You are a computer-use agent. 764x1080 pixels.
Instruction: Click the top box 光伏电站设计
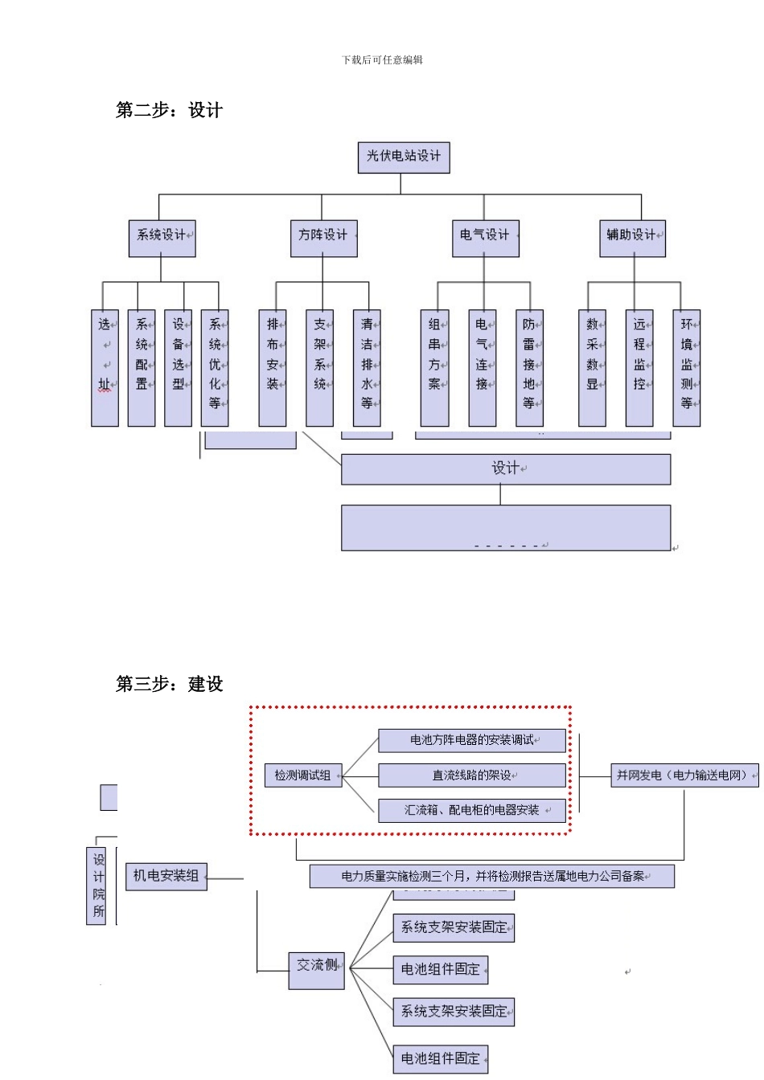point(404,157)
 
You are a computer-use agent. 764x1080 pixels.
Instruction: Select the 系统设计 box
point(162,239)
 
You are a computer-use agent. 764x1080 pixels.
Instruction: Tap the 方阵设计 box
point(323,239)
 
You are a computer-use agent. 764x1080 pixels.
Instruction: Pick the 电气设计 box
point(485,239)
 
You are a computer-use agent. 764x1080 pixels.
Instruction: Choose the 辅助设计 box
point(632,239)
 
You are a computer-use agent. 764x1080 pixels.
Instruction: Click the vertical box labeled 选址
point(105,367)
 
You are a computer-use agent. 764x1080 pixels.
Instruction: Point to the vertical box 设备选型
point(178,367)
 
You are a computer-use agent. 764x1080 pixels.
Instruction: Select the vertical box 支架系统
point(319,367)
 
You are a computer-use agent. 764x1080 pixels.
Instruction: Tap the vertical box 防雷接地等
point(529,367)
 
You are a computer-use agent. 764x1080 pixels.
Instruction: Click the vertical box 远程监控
point(639,367)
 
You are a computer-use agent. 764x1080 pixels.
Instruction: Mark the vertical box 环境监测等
point(686,367)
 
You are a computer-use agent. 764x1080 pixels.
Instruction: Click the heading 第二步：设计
point(169,110)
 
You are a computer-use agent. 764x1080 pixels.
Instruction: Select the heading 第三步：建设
point(169,684)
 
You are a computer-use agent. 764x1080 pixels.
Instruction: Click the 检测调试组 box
point(303,775)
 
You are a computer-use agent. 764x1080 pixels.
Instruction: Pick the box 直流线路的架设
point(472,775)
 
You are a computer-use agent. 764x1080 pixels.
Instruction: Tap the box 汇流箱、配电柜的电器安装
point(472,811)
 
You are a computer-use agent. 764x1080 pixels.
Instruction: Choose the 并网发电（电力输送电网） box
point(684,775)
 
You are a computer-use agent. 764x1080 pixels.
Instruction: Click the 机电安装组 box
point(166,876)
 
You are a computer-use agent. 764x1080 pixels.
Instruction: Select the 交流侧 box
point(316,970)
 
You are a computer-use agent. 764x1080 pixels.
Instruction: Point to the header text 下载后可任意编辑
point(382,59)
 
